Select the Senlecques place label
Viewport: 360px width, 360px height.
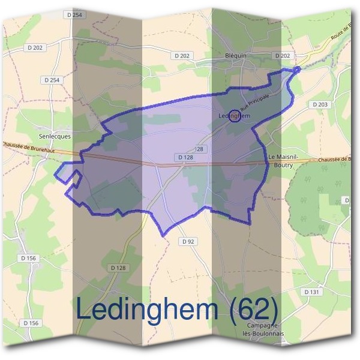tap(55, 136)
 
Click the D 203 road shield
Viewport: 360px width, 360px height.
tap(320, 104)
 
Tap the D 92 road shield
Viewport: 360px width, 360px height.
tap(187, 241)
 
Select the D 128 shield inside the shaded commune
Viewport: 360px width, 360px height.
tap(185, 157)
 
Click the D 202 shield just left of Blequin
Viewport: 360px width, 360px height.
tap(181, 56)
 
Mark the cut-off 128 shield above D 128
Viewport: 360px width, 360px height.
tap(200, 148)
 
